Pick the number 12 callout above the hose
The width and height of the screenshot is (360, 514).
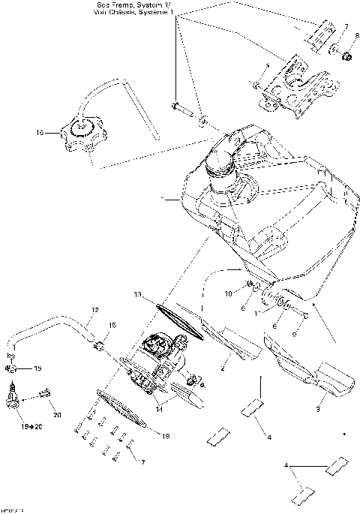tap(95, 310)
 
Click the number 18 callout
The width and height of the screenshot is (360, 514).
tap(166, 435)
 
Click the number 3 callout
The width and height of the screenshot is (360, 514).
tap(317, 410)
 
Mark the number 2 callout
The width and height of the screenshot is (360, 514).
tap(222, 369)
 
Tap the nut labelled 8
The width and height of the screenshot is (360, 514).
tap(347, 57)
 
